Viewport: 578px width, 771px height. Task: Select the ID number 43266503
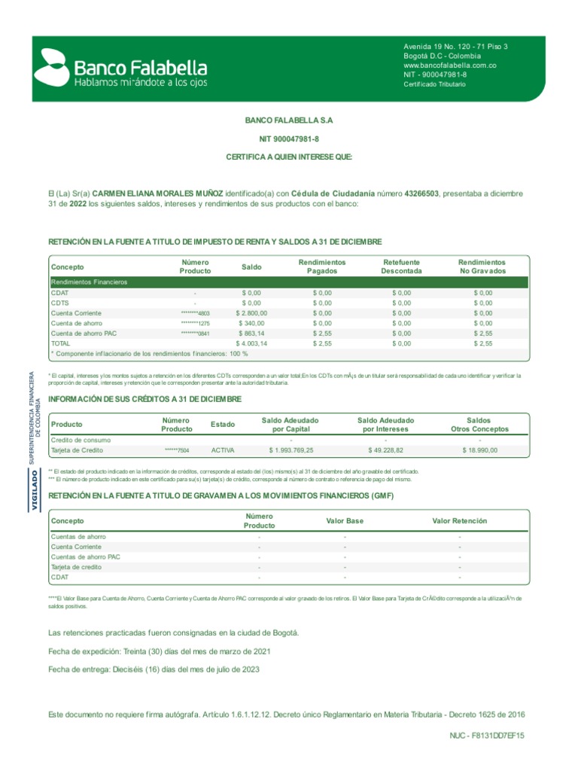coord(421,194)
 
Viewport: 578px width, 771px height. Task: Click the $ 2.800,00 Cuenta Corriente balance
coord(251,312)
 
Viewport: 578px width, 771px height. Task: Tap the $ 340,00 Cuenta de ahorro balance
coord(251,323)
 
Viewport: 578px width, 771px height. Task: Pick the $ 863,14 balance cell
coord(251,333)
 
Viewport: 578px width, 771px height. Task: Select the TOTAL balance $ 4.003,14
coord(251,343)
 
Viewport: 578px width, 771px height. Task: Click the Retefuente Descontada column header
coord(401,267)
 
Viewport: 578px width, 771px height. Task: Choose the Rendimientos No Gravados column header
coord(482,267)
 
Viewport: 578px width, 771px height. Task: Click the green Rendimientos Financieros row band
coord(289,282)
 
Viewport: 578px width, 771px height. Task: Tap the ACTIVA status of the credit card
coord(223,450)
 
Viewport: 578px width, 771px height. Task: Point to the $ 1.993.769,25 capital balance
coord(291,450)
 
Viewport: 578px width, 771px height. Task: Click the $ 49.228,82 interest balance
coord(385,450)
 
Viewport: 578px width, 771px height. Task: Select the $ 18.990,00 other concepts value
coord(479,450)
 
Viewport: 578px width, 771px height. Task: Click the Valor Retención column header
coord(459,521)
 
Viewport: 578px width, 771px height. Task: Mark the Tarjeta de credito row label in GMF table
coord(76,567)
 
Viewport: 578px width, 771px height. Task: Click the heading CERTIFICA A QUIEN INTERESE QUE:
coord(289,157)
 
